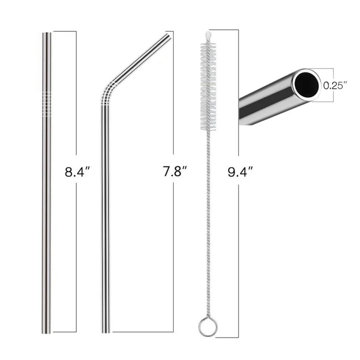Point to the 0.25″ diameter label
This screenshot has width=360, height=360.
point(335,85)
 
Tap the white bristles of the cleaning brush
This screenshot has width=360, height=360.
point(208,86)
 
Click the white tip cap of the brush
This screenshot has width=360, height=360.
point(208,36)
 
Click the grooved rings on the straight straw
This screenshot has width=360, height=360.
point(47,104)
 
